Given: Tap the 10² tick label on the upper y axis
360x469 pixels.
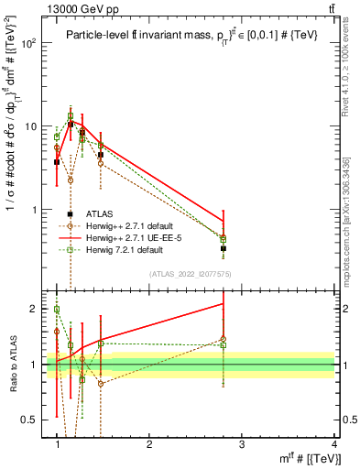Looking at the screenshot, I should click(33, 43).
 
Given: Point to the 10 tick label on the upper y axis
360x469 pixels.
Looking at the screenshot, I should click(33, 126).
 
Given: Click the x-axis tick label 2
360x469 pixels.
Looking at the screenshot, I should click(149, 444).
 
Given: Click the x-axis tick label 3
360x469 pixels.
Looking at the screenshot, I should click(242, 444).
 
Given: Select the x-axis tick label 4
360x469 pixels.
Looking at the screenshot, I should click(334, 444).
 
